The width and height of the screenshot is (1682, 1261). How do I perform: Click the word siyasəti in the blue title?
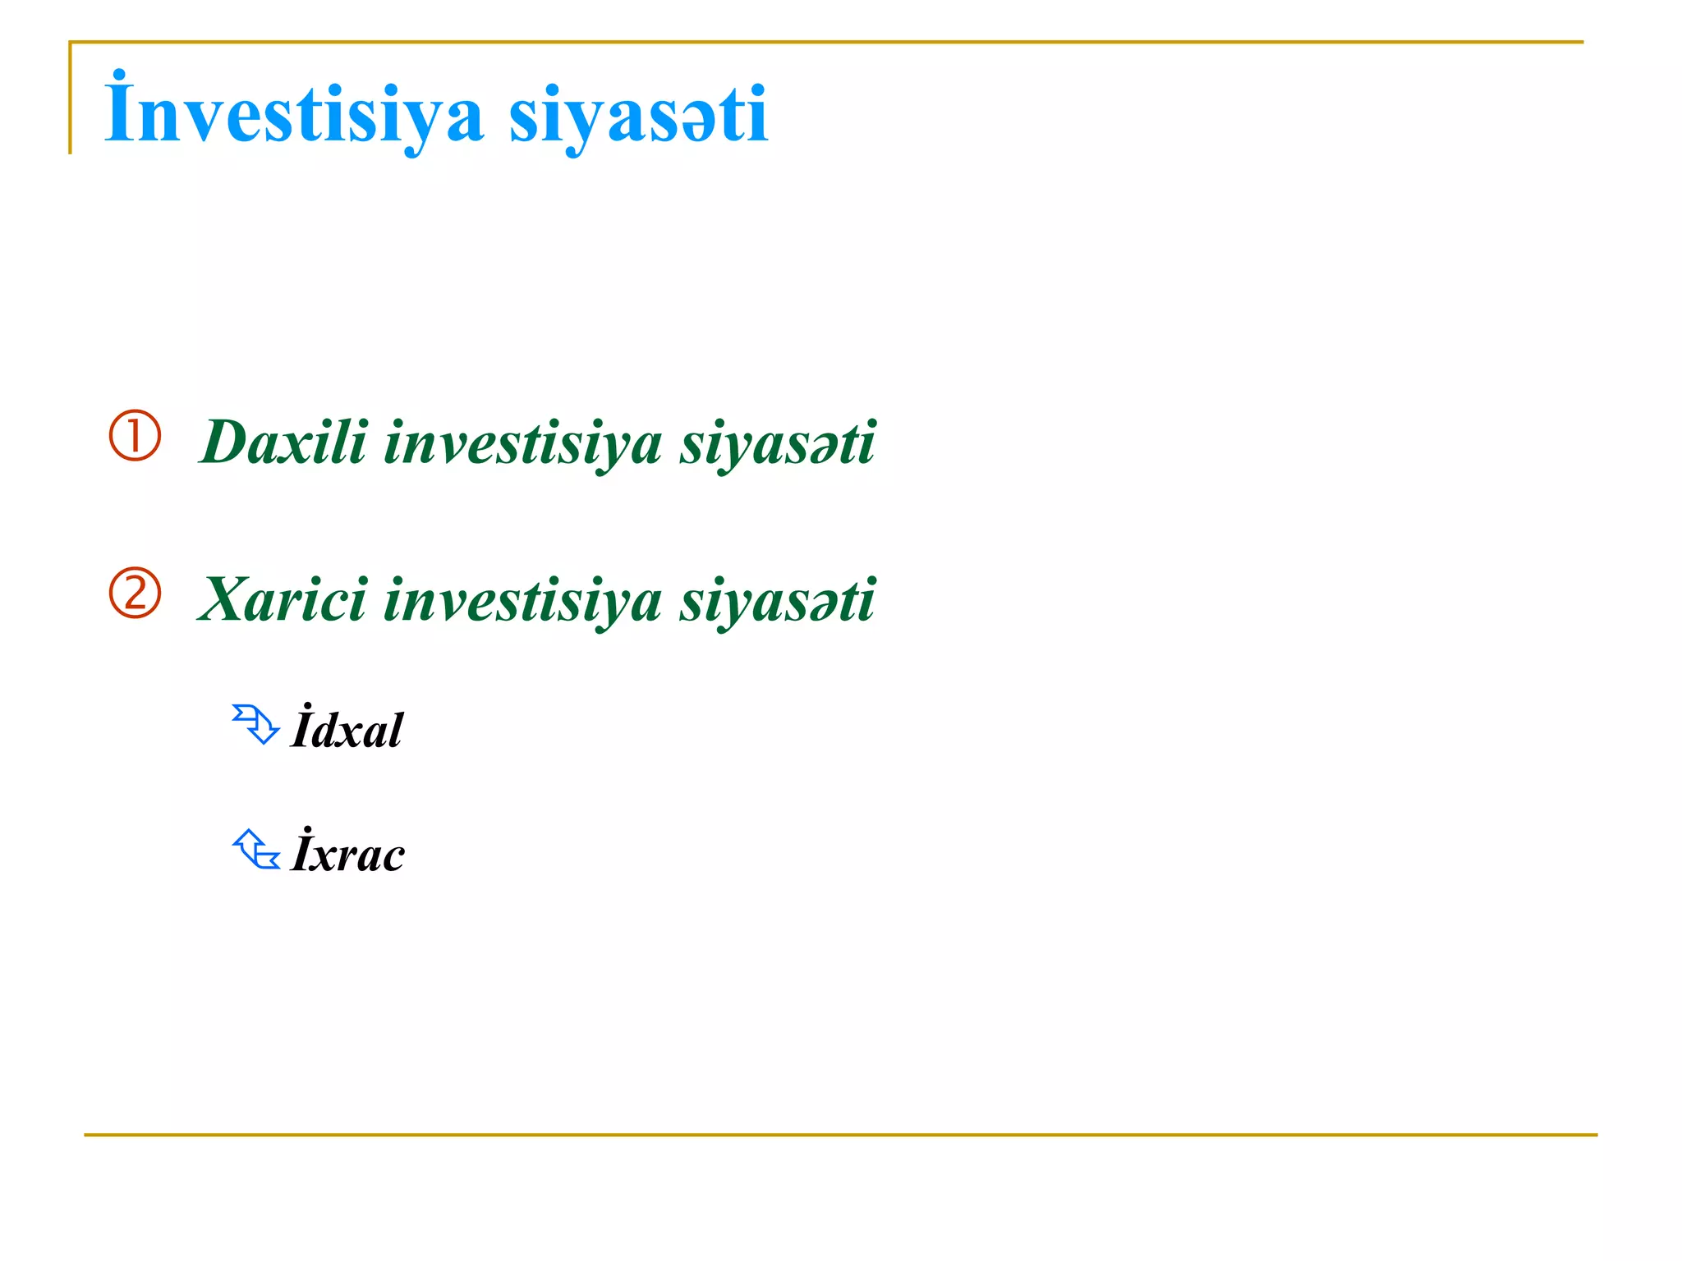[638, 117]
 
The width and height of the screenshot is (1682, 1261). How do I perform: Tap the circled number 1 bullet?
[135, 435]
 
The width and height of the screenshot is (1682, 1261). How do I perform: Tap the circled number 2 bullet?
[135, 593]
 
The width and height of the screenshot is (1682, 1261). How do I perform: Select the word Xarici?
[283, 599]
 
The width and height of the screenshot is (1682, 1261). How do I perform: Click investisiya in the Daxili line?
[522, 443]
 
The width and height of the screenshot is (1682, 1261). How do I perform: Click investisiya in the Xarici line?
[522, 601]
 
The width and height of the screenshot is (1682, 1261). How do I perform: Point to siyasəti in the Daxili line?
[777, 443]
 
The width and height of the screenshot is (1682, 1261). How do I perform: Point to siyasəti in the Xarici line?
[777, 601]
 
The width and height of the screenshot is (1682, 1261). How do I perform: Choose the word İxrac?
[348, 852]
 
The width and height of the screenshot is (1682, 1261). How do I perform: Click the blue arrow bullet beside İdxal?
[255, 724]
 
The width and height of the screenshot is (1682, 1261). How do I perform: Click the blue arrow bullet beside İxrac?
[255, 849]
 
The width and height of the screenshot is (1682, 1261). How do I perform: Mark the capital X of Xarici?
[227, 599]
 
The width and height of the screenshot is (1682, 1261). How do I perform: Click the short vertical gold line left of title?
[71, 99]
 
